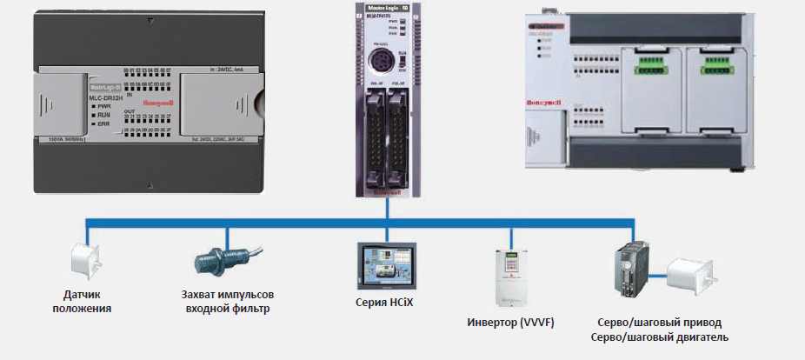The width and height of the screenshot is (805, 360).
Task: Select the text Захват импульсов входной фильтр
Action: (x=233, y=301)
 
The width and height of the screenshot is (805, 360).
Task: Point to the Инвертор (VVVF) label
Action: (x=512, y=323)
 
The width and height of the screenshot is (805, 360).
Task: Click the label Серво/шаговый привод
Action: (x=659, y=322)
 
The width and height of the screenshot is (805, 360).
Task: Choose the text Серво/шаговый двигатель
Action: (x=659, y=337)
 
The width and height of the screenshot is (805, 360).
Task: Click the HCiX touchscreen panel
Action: (x=388, y=267)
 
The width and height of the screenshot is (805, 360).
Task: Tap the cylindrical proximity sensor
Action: (x=217, y=260)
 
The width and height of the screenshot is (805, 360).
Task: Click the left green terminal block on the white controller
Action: (x=656, y=63)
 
